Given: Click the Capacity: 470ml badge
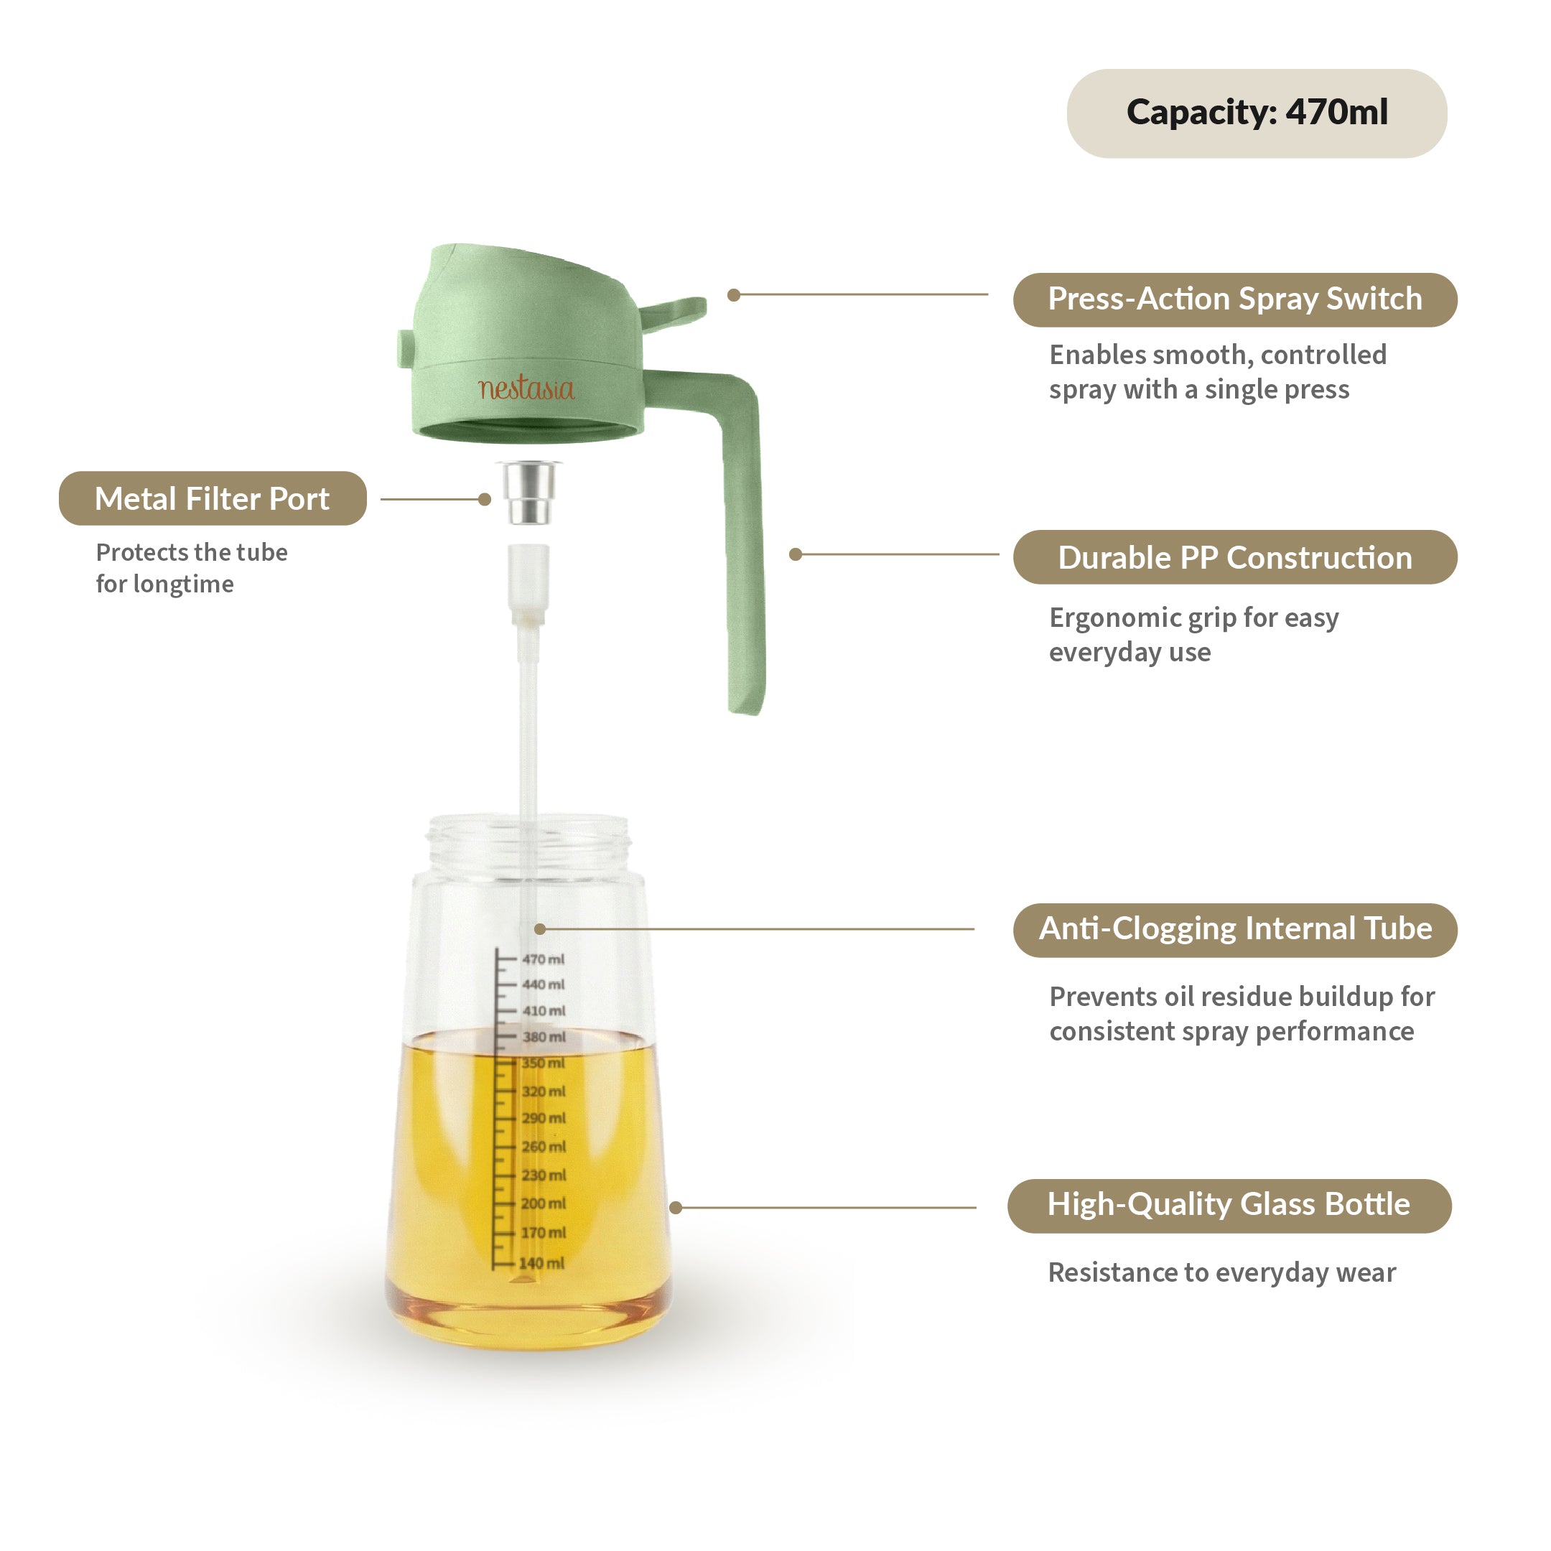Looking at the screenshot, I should tap(1257, 113).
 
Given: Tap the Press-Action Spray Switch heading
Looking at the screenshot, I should tap(1235, 299).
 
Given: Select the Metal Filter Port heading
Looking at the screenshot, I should tap(213, 498).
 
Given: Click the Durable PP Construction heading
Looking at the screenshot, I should tap(1235, 557).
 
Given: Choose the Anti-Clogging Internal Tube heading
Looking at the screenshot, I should tap(1235, 929).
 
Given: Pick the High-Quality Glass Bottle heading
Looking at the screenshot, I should tap(1229, 1204).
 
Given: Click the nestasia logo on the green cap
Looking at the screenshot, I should tap(526, 388).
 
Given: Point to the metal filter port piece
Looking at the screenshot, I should tap(529, 491).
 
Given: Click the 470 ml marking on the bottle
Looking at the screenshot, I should tap(543, 959).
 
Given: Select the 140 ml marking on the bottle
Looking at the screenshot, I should tap(541, 1263).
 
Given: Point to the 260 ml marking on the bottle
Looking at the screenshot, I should tap(544, 1147).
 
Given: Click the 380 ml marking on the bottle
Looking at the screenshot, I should tap(544, 1036).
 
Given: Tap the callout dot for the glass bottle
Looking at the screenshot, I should tap(676, 1207).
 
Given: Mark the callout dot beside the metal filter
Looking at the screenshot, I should tap(485, 499).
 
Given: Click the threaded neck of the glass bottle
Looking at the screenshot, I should tap(529, 843).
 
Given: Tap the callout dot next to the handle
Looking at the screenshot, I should tap(796, 554).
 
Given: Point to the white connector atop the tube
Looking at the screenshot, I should tap(528, 582).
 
